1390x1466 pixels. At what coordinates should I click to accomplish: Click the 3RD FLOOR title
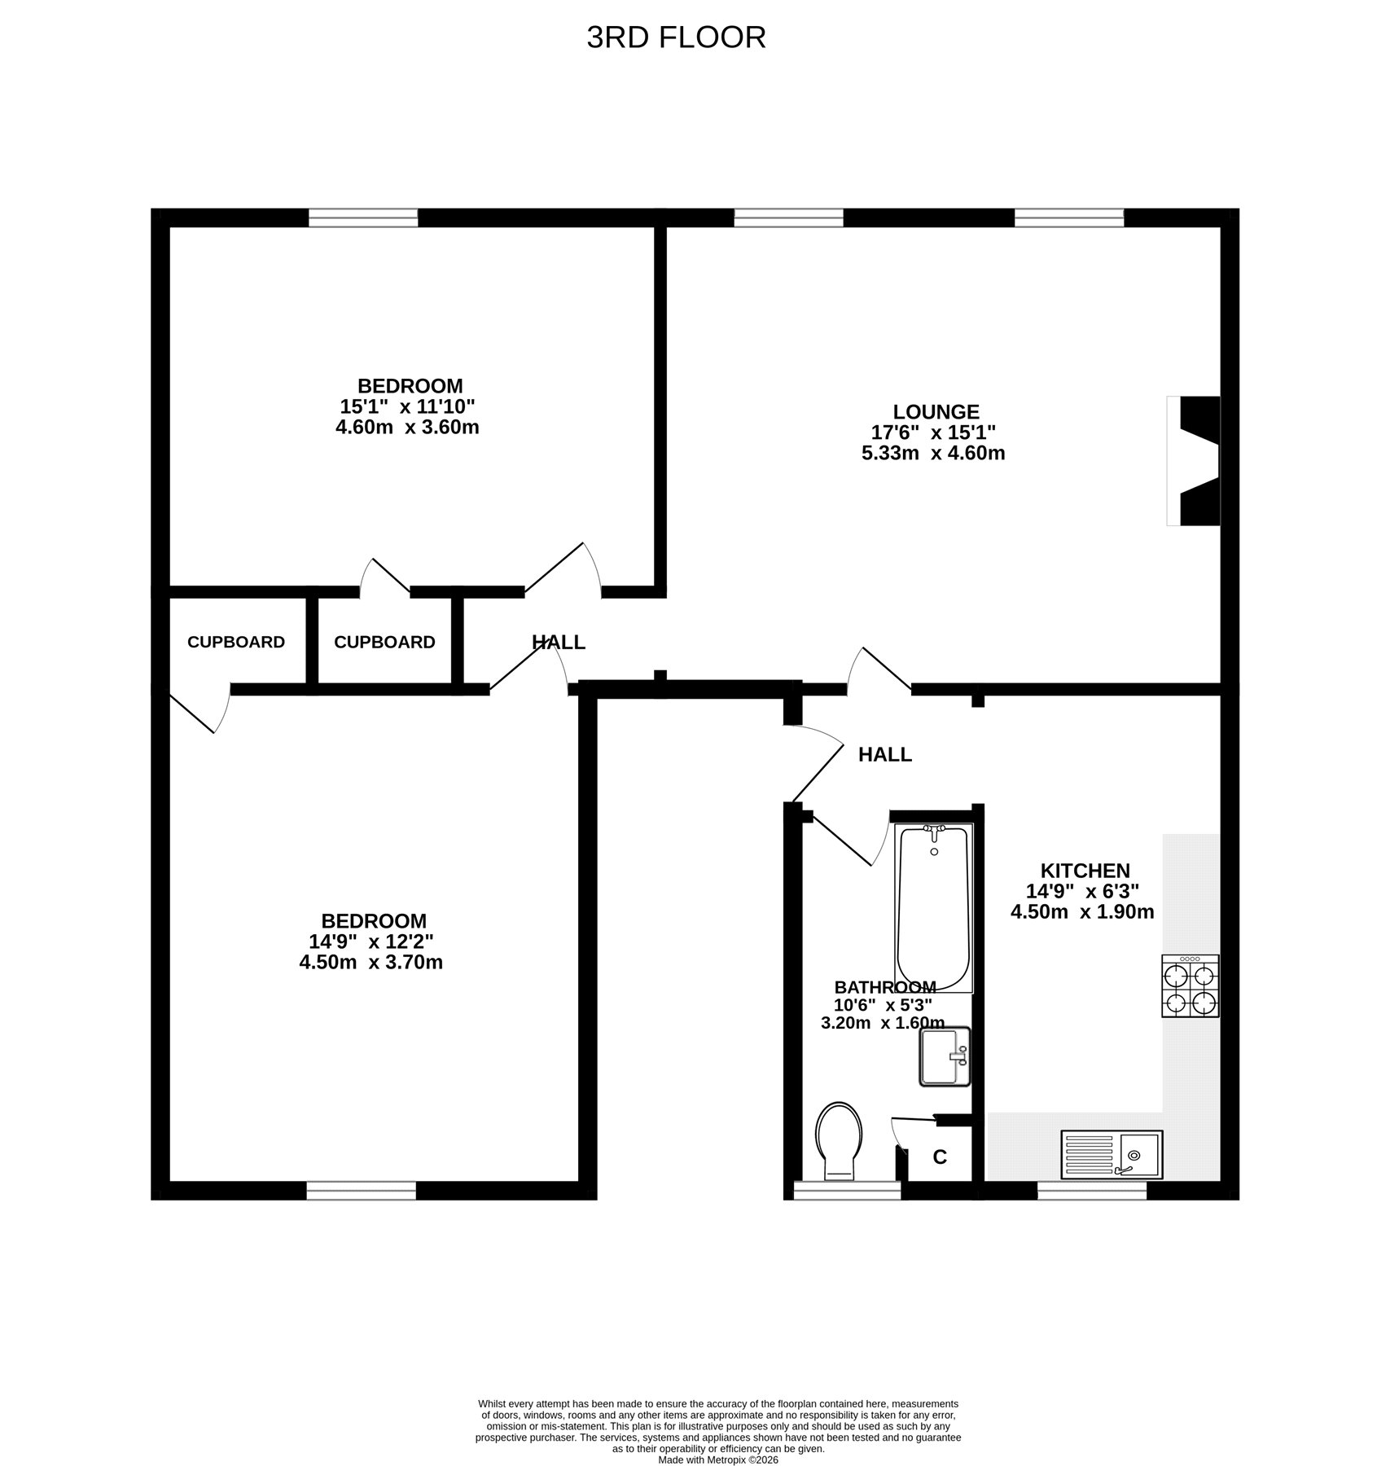[x=677, y=37]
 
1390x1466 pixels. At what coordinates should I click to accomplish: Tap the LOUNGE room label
[x=936, y=412]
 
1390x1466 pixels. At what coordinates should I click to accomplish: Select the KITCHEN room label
[x=1085, y=871]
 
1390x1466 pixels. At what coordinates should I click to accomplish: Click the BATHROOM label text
[x=885, y=987]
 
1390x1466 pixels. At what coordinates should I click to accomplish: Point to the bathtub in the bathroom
[x=934, y=907]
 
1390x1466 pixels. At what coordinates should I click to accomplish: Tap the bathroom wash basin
[x=945, y=1056]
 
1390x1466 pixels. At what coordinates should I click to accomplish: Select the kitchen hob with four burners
[x=1190, y=986]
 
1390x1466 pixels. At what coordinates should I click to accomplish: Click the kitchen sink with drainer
[x=1112, y=1154]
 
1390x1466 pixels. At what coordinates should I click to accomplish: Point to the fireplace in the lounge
[x=1194, y=461]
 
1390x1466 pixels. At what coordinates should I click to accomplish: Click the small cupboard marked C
[x=940, y=1157]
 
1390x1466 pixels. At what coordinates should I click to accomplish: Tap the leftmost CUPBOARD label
[x=236, y=642]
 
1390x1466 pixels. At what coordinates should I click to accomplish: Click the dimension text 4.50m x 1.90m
[x=1082, y=912]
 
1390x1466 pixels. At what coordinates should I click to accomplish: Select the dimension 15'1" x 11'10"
[x=407, y=406]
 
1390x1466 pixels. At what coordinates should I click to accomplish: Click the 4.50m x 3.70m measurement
[x=371, y=963]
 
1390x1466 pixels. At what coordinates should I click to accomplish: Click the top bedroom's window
[x=363, y=217]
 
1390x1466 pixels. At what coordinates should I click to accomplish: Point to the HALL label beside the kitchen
[x=885, y=755]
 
